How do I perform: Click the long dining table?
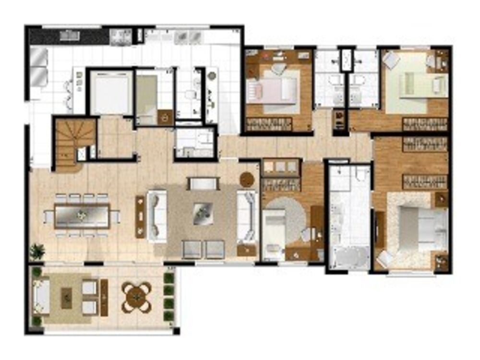[81, 217]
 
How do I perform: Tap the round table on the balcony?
[136, 297]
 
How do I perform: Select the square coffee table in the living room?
[202, 213]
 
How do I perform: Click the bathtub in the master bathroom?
[349, 258]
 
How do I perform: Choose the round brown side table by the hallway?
[247, 179]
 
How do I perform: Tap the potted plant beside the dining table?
[37, 251]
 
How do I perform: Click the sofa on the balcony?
[42, 296]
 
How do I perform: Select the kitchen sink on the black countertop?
[70, 35]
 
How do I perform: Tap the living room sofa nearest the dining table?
[157, 216]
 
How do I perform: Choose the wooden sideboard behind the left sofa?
[140, 216]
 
